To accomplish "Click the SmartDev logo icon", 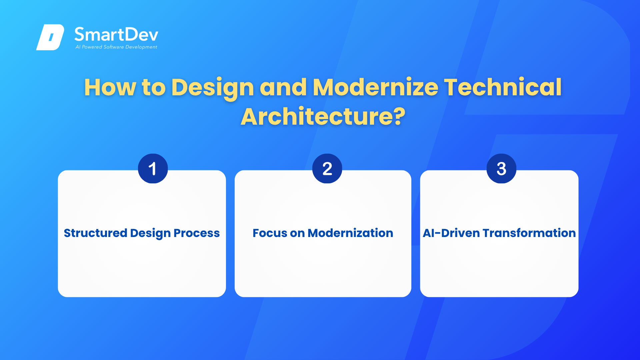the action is click(x=50, y=37).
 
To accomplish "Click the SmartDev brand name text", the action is click(x=116, y=35).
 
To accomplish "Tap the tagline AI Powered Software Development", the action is click(x=116, y=47).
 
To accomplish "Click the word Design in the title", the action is click(x=213, y=88).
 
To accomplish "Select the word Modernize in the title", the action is click(x=375, y=87).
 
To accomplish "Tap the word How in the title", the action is click(x=110, y=87).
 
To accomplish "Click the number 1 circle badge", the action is click(x=153, y=168).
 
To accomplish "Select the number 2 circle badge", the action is click(x=327, y=168).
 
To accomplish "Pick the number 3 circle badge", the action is click(x=501, y=168).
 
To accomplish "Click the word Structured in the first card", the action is click(x=95, y=233).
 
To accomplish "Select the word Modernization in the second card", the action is click(x=350, y=233).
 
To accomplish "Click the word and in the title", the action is click(x=283, y=87).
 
